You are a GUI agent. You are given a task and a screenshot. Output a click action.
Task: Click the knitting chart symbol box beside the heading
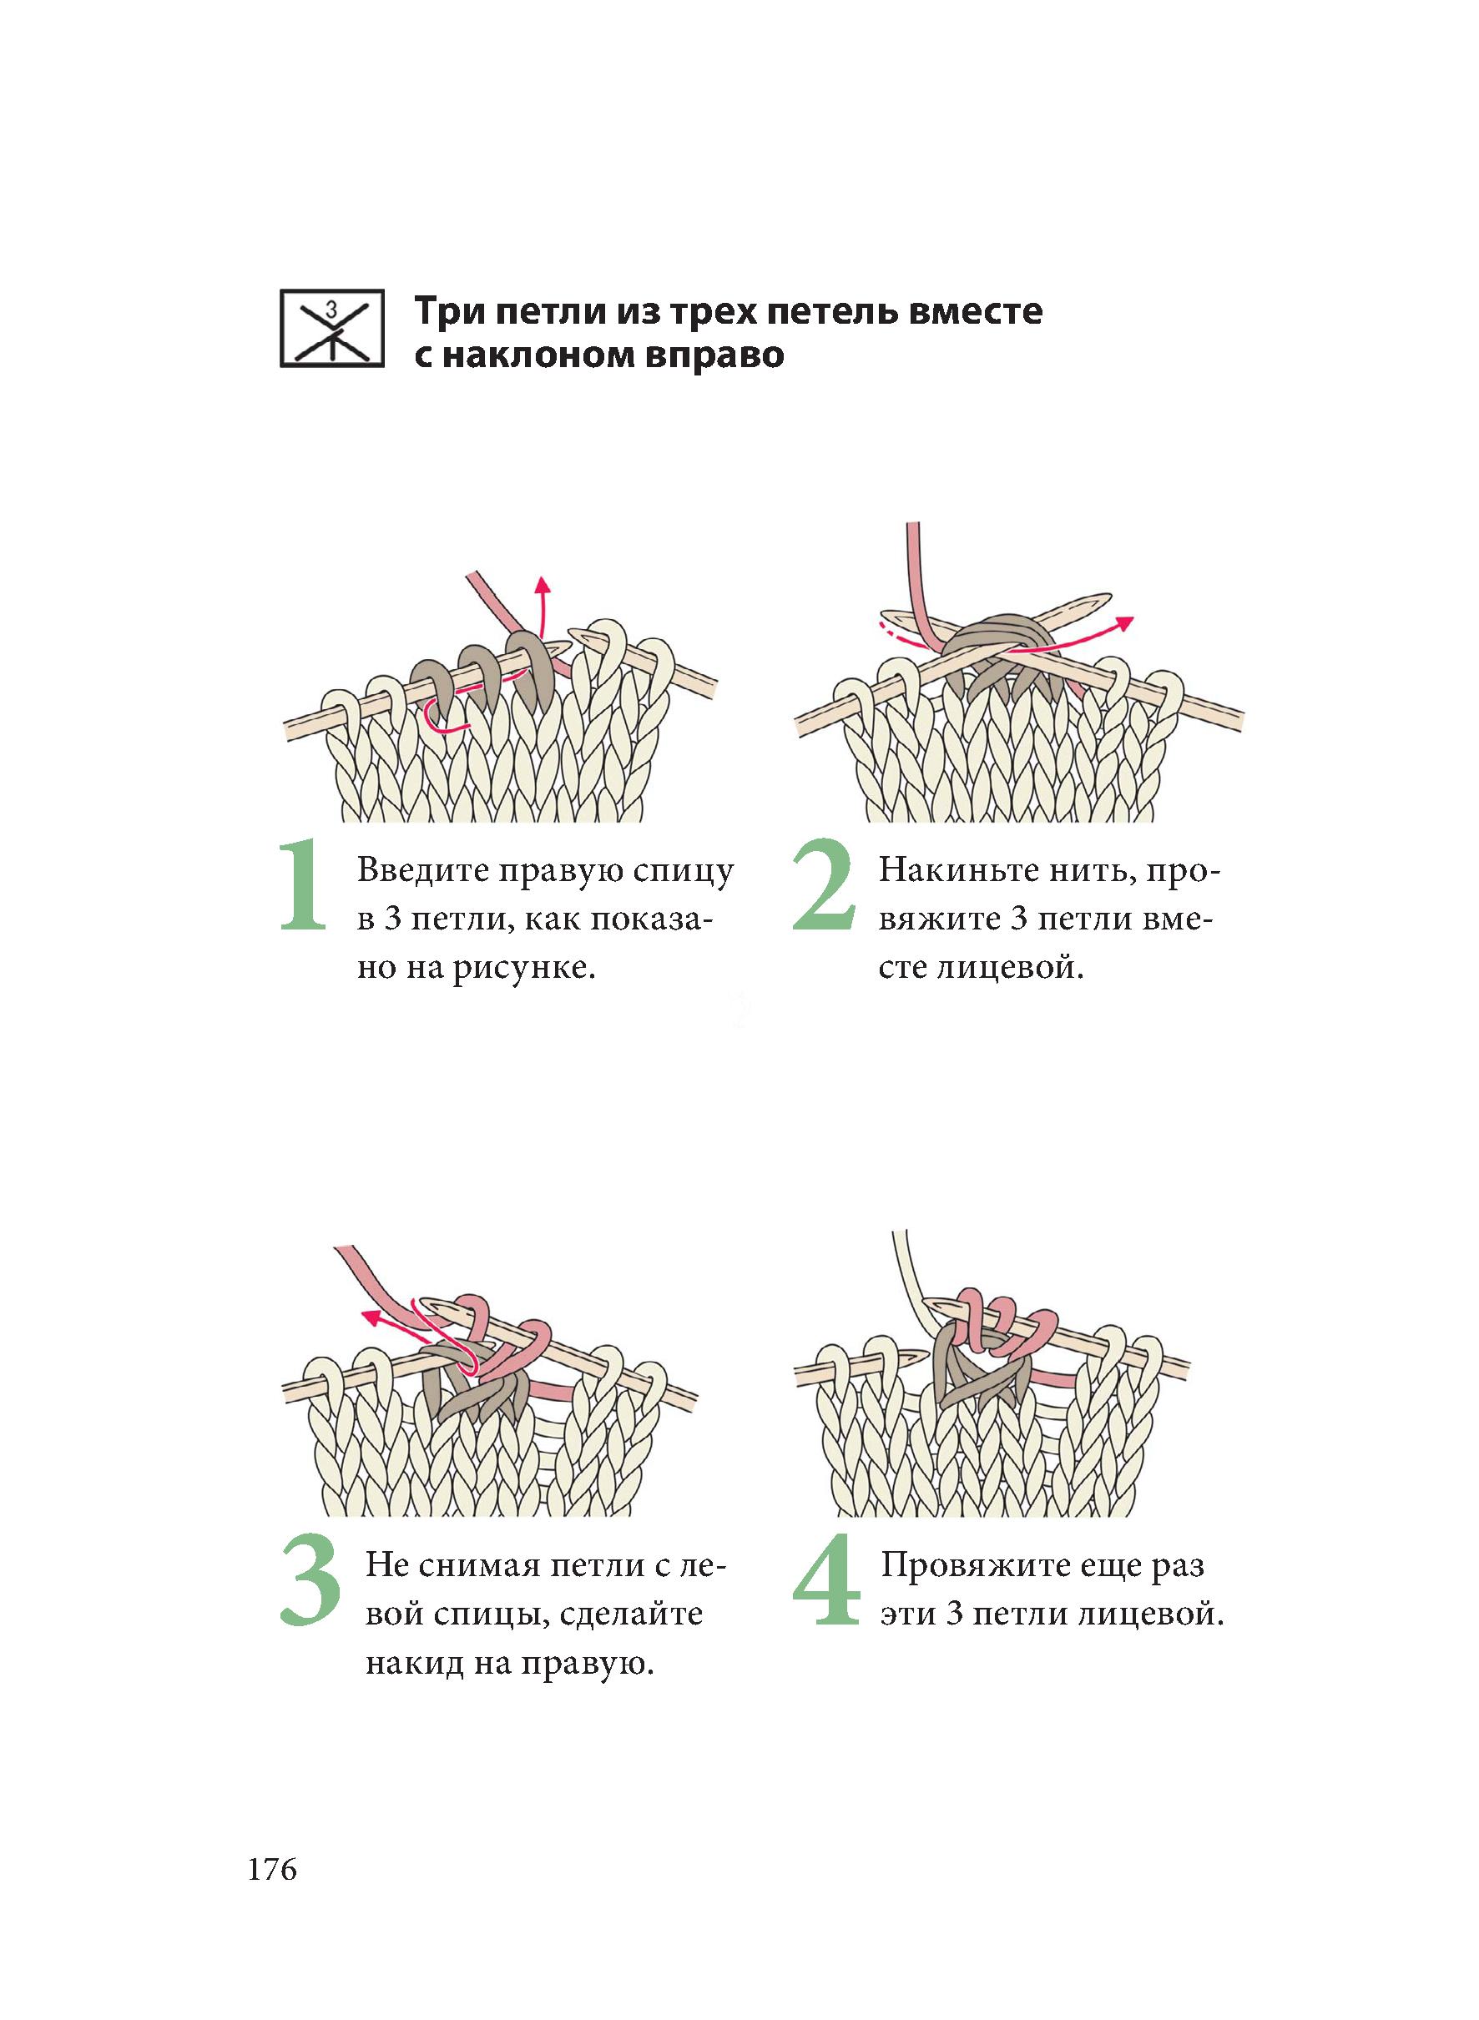pyautogui.click(x=331, y=329)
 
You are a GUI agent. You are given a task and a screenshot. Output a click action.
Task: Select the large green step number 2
pyautogui.click(x=824, y=885)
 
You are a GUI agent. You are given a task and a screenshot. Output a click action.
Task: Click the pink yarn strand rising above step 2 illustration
pyautogui.click(x=916, y=573)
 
